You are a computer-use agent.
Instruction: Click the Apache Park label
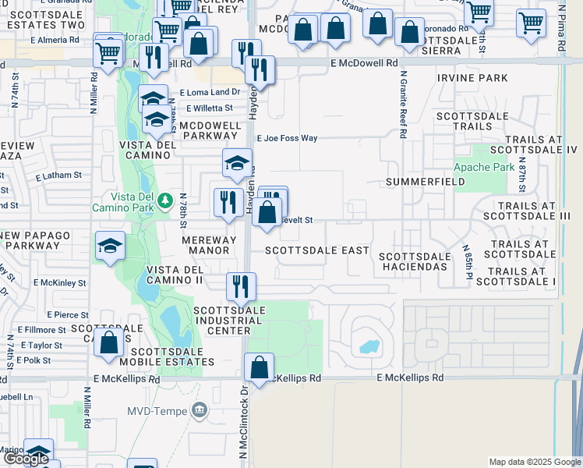click(x=483, y=167)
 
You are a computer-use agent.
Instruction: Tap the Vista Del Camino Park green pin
click(x=164, y=202)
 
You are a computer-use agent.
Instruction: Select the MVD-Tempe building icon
click(x=200, y=409)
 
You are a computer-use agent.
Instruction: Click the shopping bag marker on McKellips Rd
click(x=259, y=367)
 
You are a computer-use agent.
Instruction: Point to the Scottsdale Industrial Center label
click(x=230, y=320)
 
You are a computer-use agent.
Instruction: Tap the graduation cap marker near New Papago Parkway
click(x=110, y=246)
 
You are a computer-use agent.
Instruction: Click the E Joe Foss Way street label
click(x=288, y=138)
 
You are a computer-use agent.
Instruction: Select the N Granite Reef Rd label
click(x=404, y=105)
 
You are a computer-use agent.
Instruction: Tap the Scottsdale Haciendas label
click(x=414, y=261)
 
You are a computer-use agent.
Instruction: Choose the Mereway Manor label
click(x=208, y=246)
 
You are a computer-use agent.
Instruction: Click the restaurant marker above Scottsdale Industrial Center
click(x=241, y=285)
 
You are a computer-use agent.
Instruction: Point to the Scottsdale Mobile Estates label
click(x=161, y=357)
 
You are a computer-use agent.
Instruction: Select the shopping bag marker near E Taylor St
click(x=109, y=342)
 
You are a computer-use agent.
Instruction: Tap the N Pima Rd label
click(x=561, y=27)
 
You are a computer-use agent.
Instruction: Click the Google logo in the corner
click(x=26, y=459)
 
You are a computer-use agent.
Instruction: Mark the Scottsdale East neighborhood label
click(x=316, y=250)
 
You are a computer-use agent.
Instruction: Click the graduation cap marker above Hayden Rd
click(x=237, y=162)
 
